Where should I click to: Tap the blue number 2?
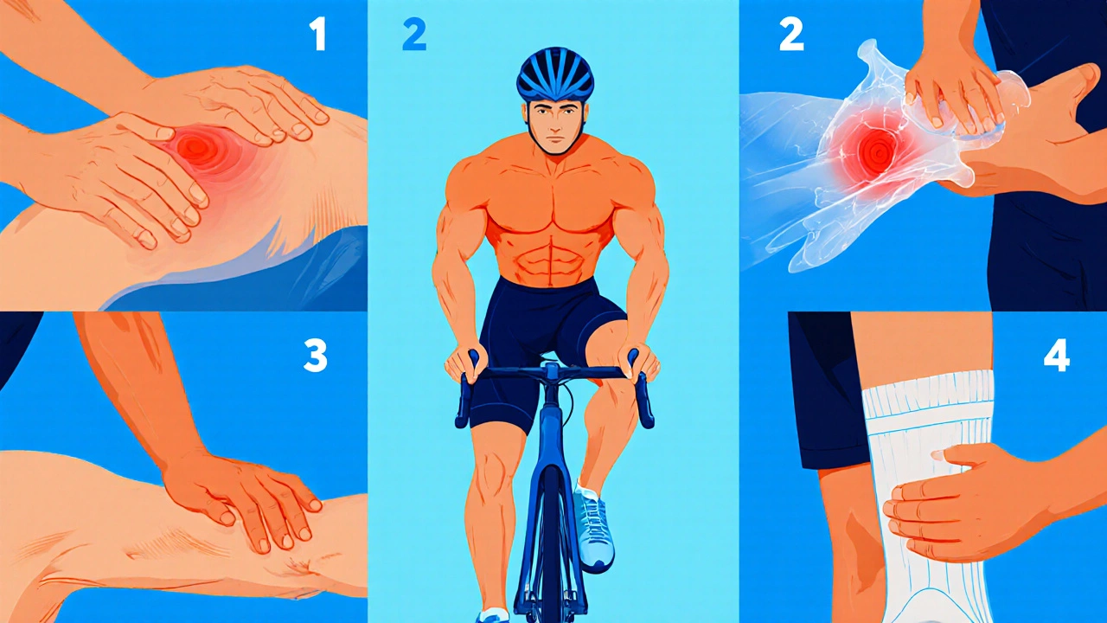pos(414,35)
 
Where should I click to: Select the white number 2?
pos(791,35)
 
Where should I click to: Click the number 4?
pos(1057,356)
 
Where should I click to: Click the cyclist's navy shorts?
pos(544,346)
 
